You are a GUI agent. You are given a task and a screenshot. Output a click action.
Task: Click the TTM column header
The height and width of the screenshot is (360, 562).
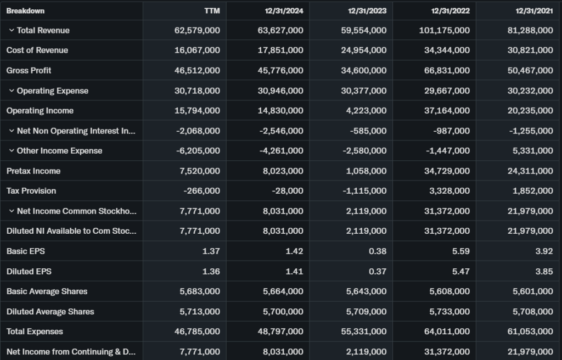[212, 10]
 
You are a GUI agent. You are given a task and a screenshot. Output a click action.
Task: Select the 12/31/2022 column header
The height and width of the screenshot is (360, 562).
[450, 10]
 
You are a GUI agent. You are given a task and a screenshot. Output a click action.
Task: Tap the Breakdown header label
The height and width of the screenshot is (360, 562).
[25, 10]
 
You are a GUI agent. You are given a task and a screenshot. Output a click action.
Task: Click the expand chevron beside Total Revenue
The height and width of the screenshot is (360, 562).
[11, 30]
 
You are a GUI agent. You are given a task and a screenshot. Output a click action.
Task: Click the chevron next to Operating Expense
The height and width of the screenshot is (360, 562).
[11, 91]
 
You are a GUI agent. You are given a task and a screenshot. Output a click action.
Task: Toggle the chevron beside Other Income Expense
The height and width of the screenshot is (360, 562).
[11, 150]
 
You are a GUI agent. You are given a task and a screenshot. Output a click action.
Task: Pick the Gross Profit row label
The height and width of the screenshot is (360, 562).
[29, 70]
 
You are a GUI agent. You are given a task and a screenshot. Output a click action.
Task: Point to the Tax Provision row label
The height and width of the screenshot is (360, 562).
[31, 191]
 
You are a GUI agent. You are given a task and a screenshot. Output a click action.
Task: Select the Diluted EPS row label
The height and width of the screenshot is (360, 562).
[29, 271]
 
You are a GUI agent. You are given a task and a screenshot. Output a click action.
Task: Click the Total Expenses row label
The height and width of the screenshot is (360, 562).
[35, 331]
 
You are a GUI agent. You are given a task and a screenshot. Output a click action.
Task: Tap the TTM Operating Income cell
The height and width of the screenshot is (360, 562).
[197, 110]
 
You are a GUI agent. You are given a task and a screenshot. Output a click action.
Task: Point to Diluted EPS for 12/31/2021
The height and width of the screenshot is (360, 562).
[543, 271]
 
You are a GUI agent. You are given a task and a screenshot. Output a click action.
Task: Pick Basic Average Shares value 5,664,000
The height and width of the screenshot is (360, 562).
[283, 291]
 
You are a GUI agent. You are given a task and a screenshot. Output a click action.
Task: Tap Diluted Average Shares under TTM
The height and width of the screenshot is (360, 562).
[200, 312]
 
